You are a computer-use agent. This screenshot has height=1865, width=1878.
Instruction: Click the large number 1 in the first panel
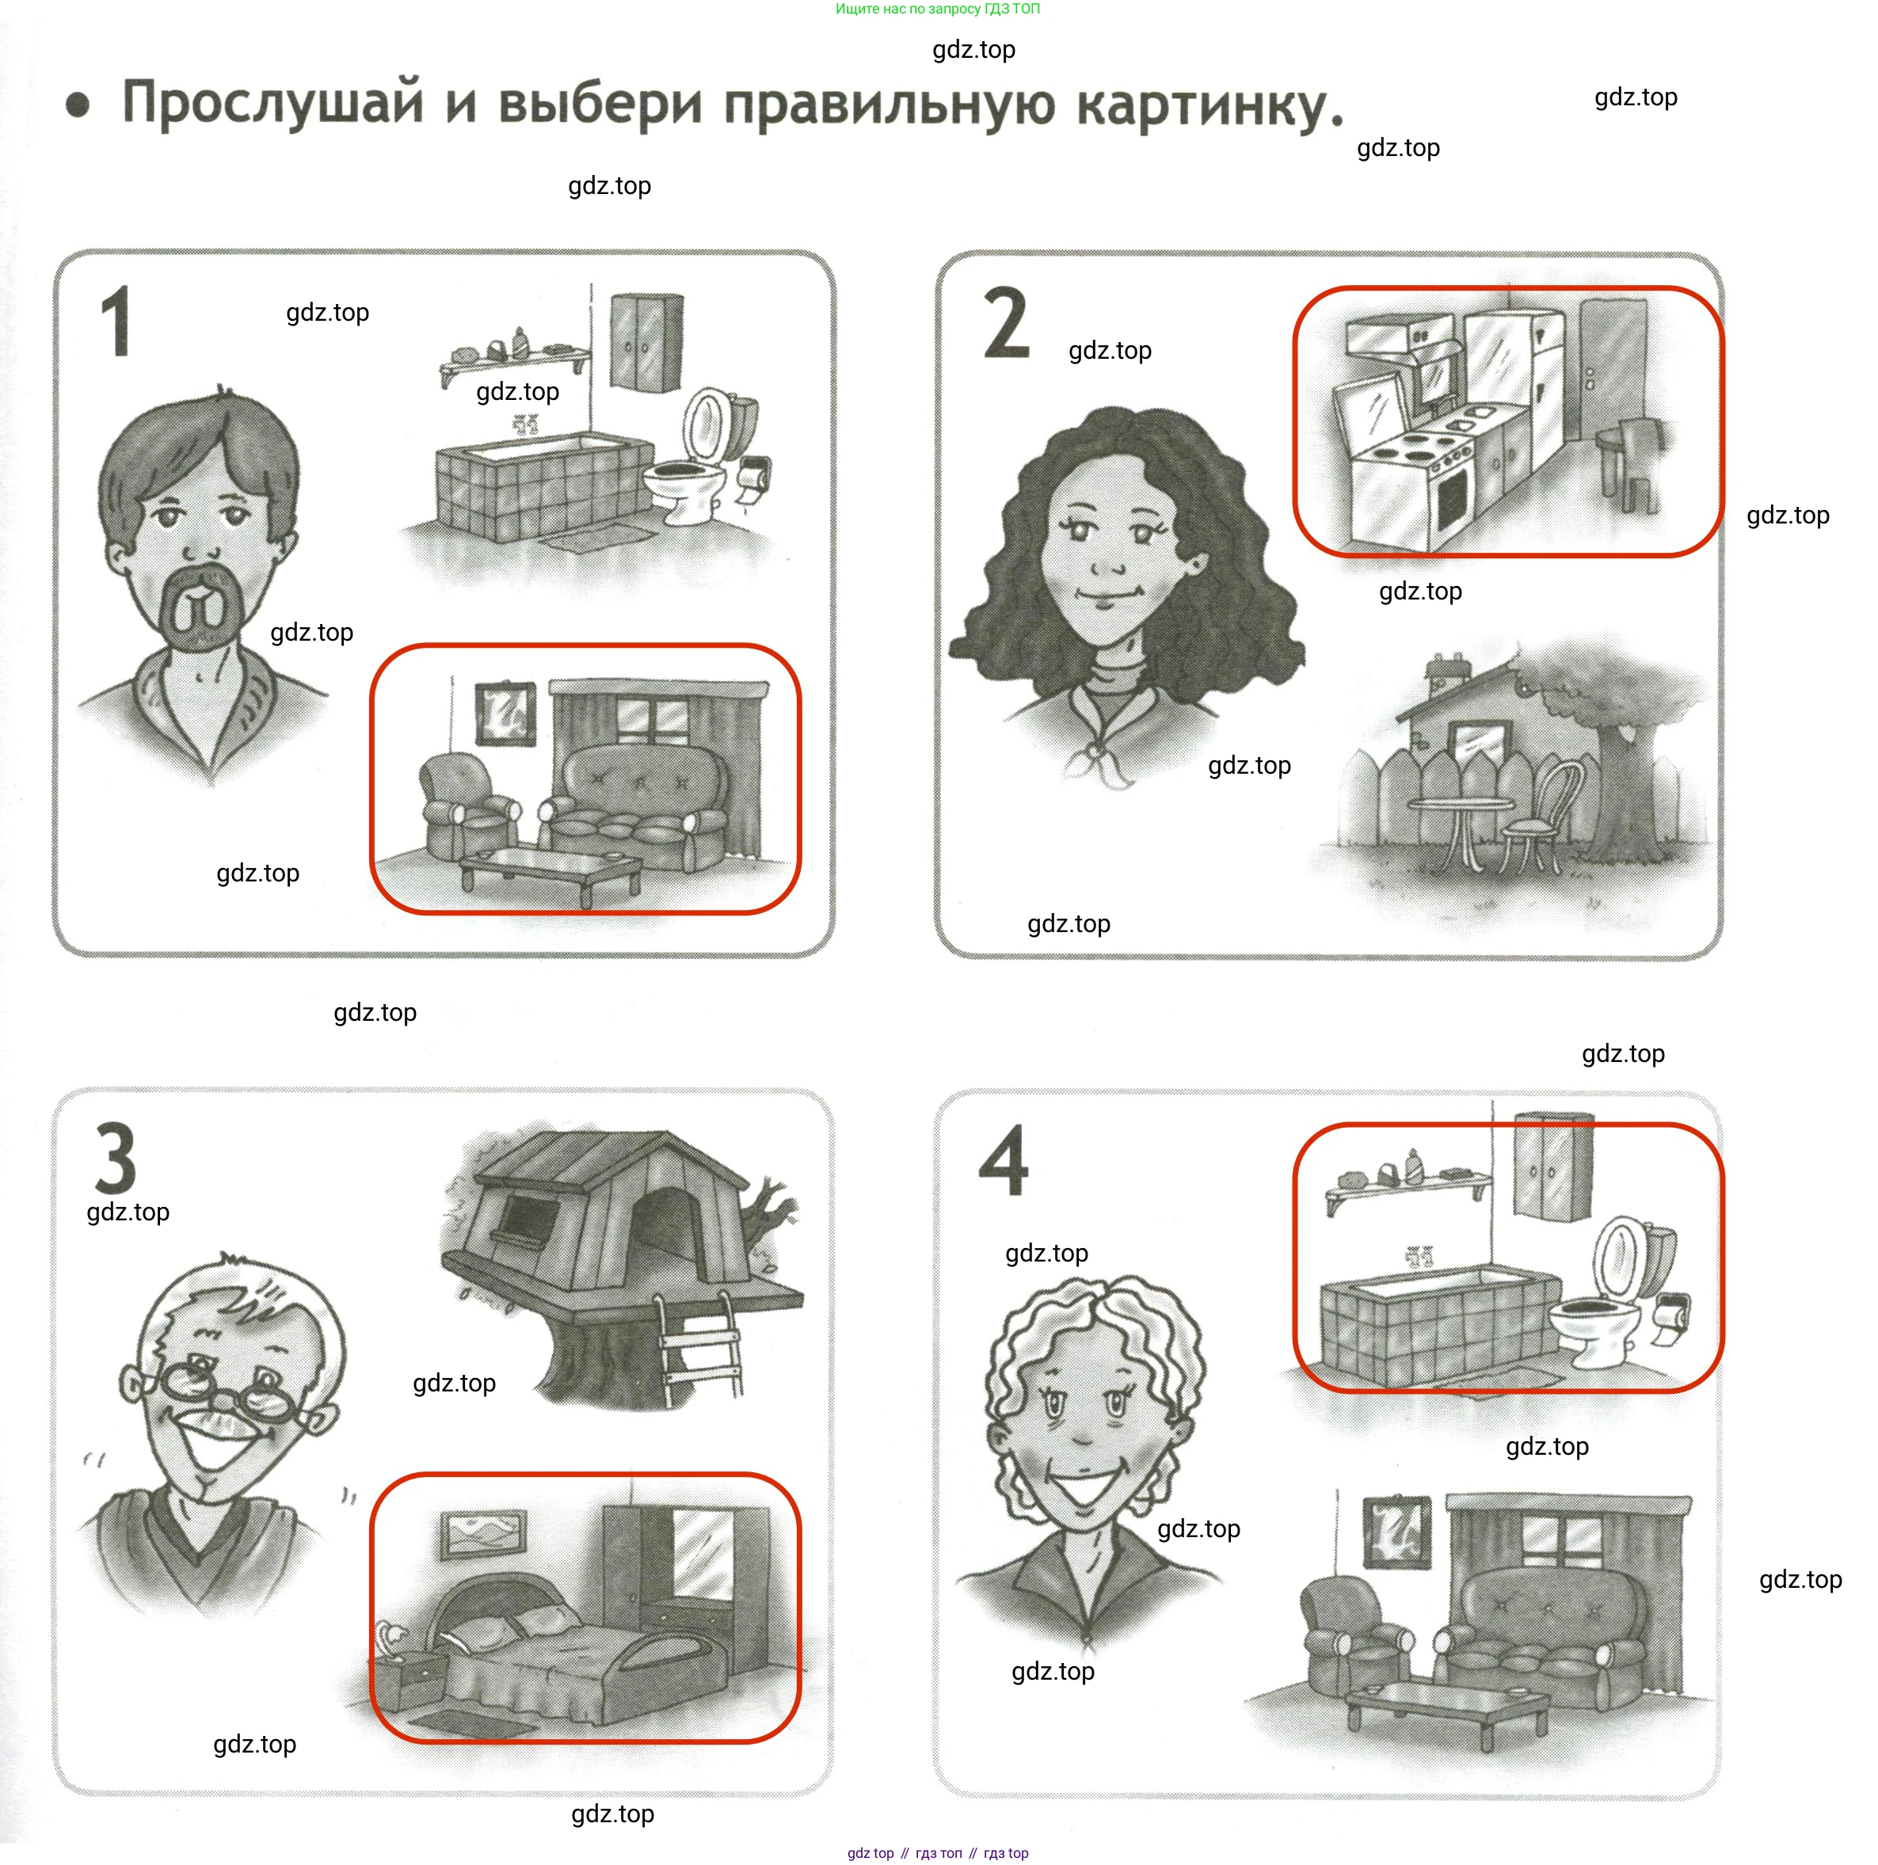(116, 321)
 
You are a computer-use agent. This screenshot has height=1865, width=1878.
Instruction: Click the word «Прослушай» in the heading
(273, 104)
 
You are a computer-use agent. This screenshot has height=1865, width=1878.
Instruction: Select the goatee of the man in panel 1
(200, 607)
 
